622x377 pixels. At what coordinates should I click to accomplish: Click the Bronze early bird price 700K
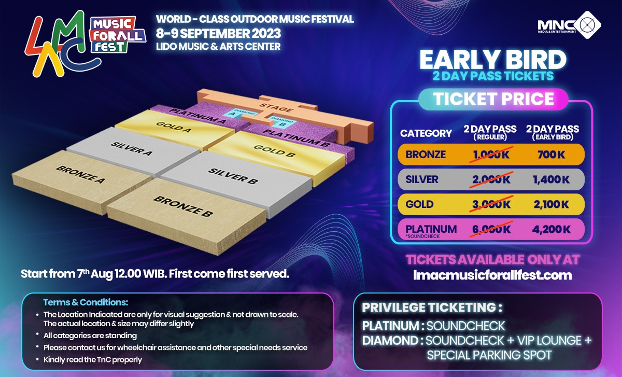(x=551, y=155)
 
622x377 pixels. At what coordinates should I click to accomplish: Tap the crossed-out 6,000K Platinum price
(x=491, y=229)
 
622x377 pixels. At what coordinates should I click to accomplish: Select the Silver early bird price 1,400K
(x=551, y=179)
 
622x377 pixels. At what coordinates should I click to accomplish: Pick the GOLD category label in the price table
(x=419, y=204)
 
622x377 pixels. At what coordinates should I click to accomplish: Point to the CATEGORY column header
(x=426, y=133)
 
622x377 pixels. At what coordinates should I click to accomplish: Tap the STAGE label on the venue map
(x=276, y=107)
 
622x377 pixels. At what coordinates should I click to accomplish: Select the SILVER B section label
(x=233, y=176)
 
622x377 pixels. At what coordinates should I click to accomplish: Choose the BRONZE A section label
(x=80, y=174)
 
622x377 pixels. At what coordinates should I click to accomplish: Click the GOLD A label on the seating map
(x=174, y=127)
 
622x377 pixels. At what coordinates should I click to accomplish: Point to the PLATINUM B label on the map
(x=296, y=138)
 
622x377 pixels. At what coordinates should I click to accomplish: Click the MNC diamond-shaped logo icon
(x=587, y=25)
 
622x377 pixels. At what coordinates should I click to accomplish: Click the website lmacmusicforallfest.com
(x=492, y=275)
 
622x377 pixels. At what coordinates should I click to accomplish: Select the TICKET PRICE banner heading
(x=493, y=99)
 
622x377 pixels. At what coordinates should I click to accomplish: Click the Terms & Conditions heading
(x=86, y=302)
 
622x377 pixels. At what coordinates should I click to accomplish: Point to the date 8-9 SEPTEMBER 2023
(x=218, y=34)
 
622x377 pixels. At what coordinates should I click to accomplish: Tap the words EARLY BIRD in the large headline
(x=493, y=60)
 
